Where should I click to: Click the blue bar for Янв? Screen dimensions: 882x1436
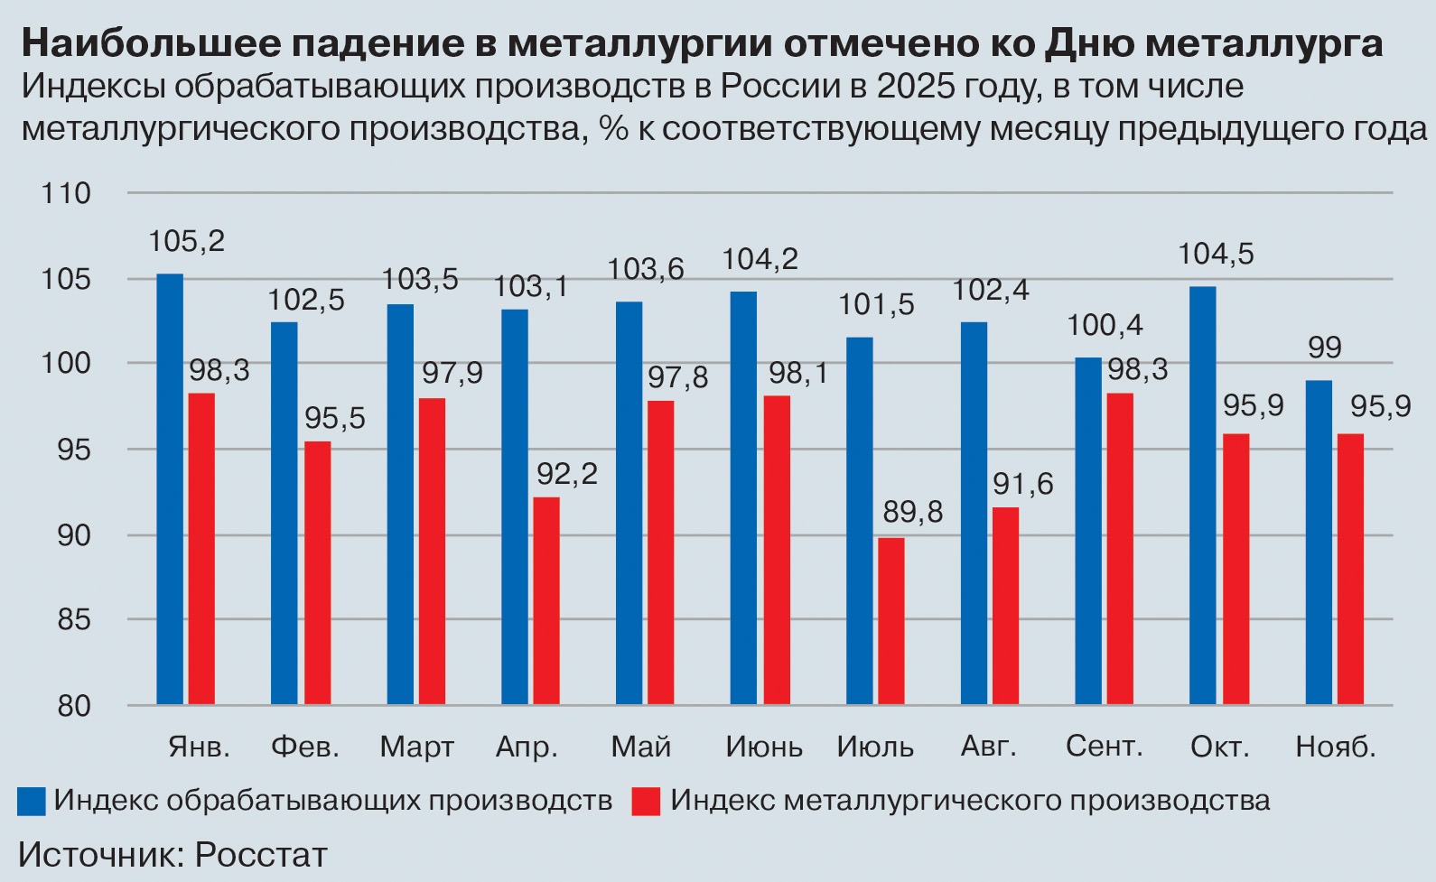(x=170, y=488)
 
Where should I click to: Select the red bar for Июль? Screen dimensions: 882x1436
(x=891, y=621)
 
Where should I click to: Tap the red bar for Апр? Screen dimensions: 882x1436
(x=546, y=600)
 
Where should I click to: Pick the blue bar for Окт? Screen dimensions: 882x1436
(x=1202, y=495)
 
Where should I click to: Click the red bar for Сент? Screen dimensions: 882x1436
(x=1120, y=548)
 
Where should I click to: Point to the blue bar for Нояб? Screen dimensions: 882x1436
(x=1319, y=542)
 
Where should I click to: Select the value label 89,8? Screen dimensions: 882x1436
(x=912, y=513)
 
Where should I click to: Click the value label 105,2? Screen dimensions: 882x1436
(x=186, y=241)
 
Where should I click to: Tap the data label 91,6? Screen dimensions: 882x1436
(x=1022, y=485)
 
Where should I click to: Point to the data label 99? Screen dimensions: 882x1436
(x=1325, y=347)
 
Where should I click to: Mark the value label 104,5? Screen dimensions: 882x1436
(x=1216, y=255)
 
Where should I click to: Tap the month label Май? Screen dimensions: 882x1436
(x=641, y=747)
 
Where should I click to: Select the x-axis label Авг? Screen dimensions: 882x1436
(x=988, y=747)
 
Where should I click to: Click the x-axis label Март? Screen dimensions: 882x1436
(x=416, y=747)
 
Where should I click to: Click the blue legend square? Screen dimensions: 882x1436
(x=32, y=802)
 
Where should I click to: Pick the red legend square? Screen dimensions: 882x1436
(x=646, y=802)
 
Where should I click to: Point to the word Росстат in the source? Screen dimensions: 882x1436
(x=261, y=855)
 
